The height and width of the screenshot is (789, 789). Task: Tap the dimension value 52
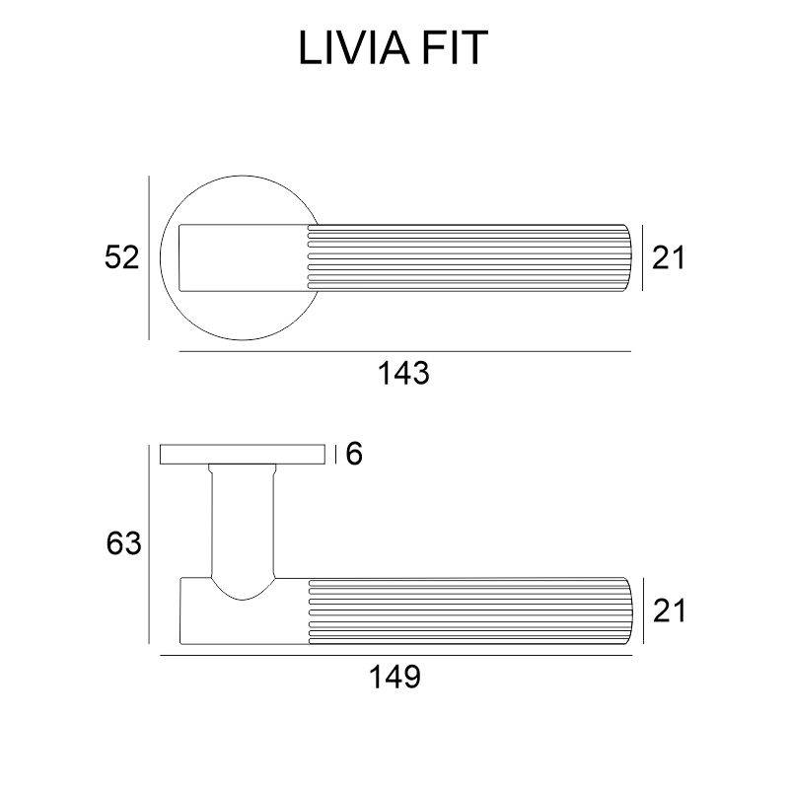122,258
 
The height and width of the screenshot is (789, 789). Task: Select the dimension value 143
404,374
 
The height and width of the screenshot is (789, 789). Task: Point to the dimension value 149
394,678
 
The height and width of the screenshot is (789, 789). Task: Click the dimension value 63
124,543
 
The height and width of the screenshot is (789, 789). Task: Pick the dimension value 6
356,454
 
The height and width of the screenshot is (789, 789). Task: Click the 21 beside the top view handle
668,258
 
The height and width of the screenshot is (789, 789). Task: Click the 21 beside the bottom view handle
668,611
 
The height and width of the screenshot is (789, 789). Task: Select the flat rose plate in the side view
243,454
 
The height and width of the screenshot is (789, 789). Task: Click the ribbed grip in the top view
464,258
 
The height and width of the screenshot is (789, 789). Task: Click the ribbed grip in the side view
464,611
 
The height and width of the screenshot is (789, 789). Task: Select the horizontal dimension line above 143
404,351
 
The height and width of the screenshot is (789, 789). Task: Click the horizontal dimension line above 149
394,655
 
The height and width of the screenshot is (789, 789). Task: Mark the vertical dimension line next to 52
149,258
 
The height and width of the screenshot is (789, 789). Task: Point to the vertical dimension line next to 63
149,543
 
